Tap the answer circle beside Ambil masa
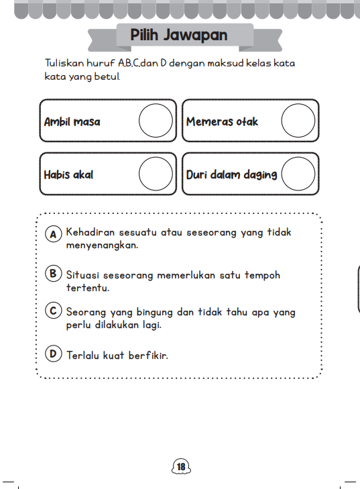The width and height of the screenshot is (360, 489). point(156,121)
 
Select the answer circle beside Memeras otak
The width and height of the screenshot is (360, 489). point(298,121)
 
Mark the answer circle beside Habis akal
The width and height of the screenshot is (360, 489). point(156,174)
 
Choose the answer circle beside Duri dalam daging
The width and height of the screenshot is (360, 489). point(298,174)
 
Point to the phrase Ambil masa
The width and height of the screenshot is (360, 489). point(72,122)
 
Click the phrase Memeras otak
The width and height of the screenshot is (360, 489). point(222,122)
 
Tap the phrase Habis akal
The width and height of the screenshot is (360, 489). point(68,174)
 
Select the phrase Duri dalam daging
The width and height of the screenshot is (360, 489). point(231,174)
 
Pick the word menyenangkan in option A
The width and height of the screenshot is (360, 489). point(102,246)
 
